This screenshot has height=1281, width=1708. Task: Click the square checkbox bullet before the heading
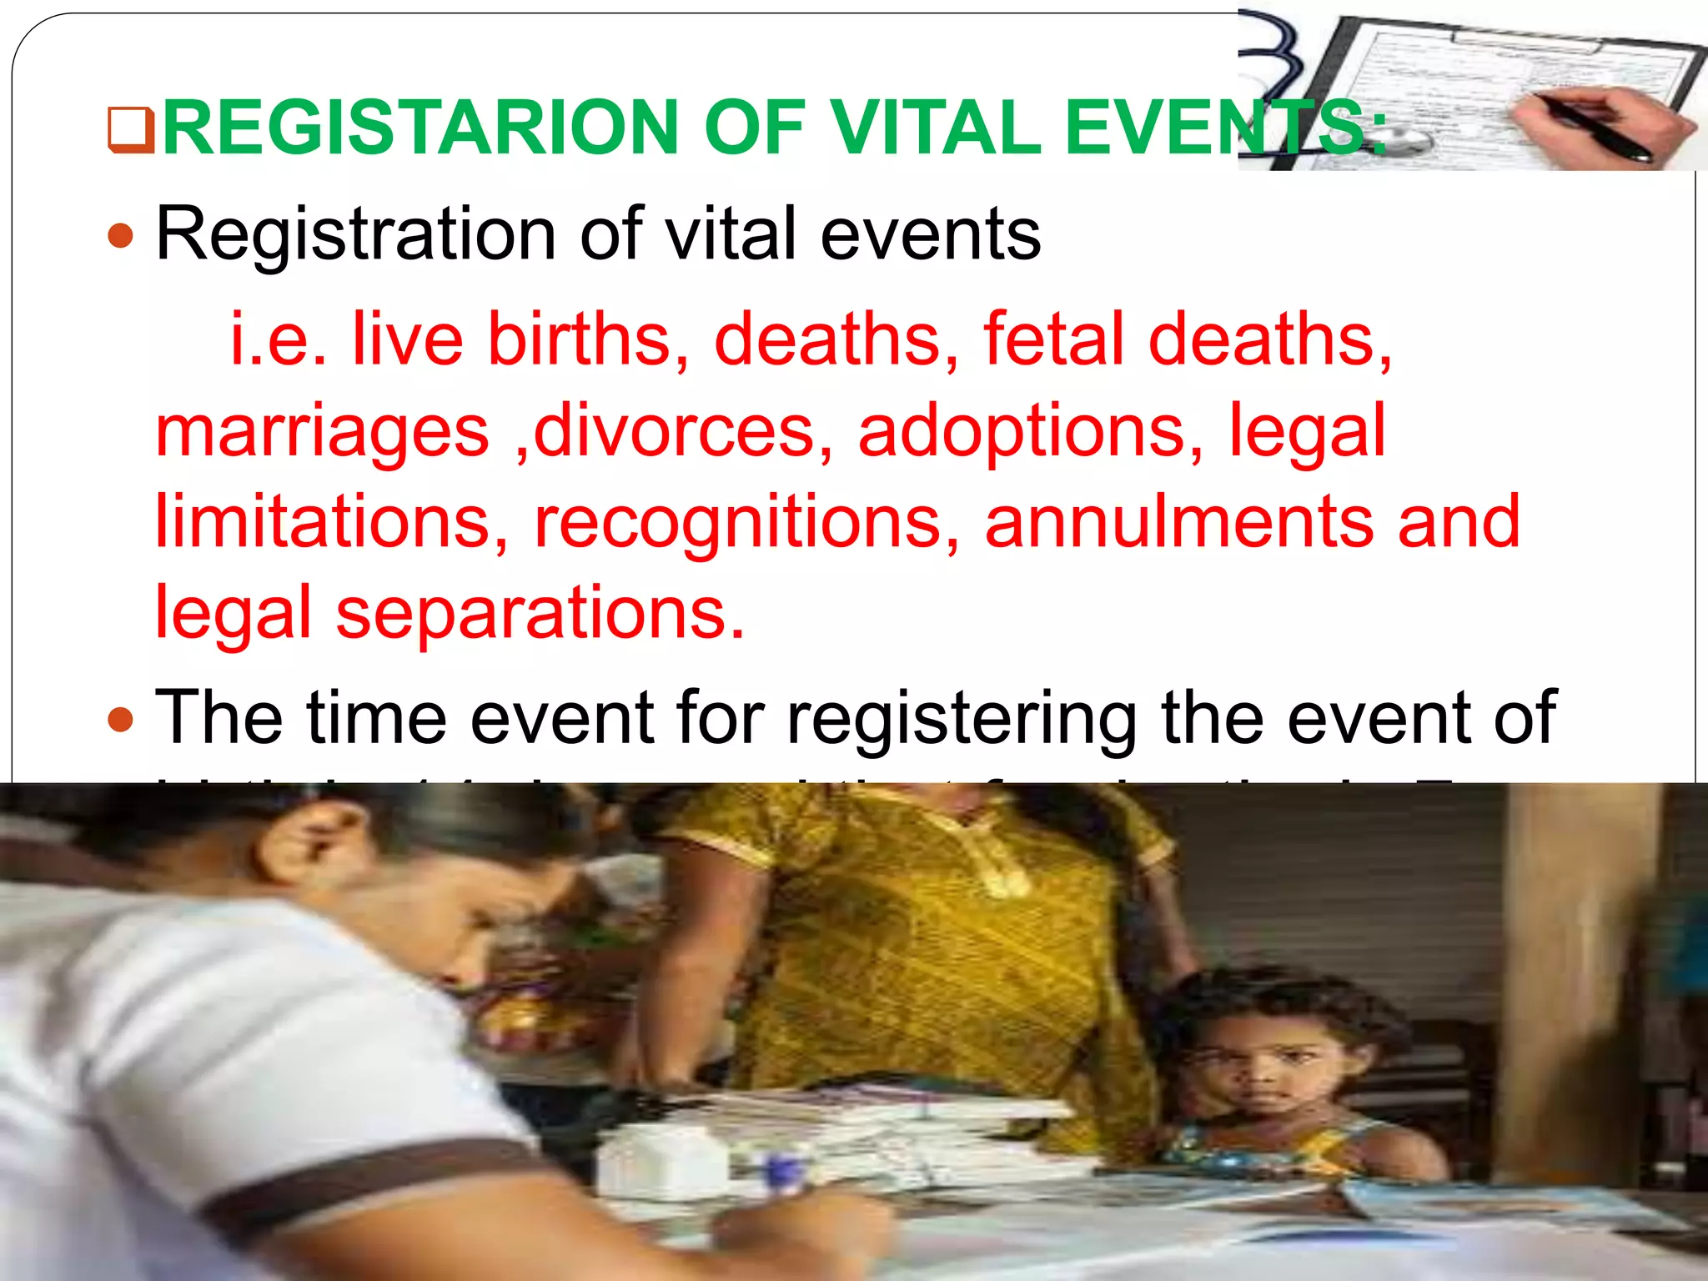coord(132,131)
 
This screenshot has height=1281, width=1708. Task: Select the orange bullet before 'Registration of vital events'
coord(122,236)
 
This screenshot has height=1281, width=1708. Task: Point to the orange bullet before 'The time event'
coord(122,718)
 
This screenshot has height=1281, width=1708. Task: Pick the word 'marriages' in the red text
coord(323,431)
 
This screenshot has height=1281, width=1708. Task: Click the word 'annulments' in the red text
coord(1179,522)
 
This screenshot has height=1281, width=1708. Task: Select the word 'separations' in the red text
coord(540,613)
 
